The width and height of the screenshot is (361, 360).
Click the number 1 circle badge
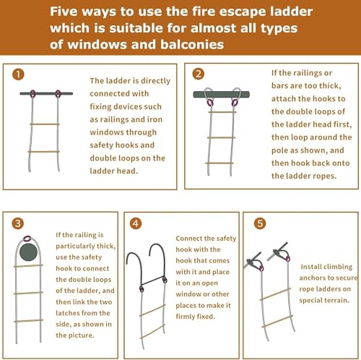click(x=18, y=74)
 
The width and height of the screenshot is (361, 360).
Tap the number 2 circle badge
click(x=199, y=74)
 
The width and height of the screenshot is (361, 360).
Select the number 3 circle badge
click(x=18, y=223)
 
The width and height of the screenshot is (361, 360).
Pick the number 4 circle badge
click(x=136, y=223)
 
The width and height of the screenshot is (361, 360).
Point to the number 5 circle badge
click(x=260, y=223)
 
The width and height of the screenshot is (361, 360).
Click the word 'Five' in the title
click(x=64, y=12)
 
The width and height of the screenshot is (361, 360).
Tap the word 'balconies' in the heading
click(x=192, y=44)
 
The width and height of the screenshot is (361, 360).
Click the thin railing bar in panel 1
click(x=46, y=93)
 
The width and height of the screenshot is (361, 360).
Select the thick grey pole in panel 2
click(x=222, y=94)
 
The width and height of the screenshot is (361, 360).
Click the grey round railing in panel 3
click(x=29, y=252)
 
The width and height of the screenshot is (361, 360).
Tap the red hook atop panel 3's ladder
click(x=27, y=239)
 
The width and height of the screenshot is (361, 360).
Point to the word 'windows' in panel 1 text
click(x=123, y=132)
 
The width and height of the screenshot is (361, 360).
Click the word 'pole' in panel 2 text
click(x=279, y=150)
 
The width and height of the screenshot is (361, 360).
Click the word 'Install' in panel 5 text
click(x=311, y=267)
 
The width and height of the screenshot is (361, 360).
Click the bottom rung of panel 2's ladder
click(x=219, y=163)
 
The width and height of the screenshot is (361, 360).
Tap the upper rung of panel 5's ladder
click(x=275, y=294)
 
